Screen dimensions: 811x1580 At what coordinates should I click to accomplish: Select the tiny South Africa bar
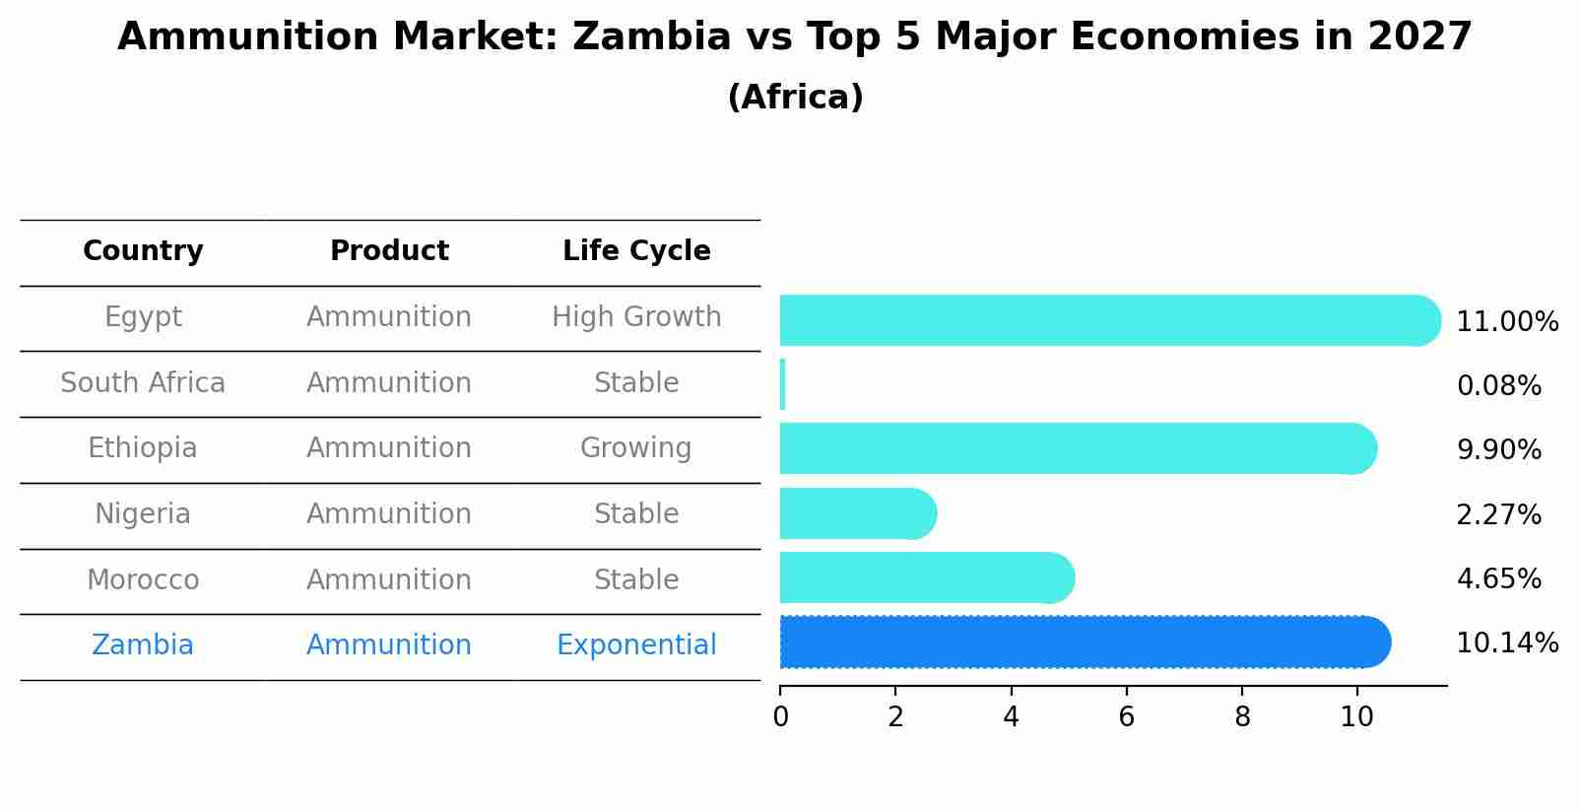point(782,384)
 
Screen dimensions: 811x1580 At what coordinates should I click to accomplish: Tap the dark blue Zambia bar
point(1084,642)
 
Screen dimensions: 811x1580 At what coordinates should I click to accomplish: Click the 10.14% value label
point(1506,643)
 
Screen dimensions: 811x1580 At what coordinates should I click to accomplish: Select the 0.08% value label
point(1498,386)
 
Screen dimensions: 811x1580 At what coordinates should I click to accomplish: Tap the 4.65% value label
point(1498,578)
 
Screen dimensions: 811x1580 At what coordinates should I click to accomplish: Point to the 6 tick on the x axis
point(1126,717)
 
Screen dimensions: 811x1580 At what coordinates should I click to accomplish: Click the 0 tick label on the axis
point(780,717)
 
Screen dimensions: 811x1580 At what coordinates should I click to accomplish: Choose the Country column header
point(143,251)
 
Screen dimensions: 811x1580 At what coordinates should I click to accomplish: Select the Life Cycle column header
point(636,251)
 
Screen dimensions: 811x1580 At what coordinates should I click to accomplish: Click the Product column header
point(389,251)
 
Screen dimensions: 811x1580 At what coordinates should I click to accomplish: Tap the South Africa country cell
point(143,383)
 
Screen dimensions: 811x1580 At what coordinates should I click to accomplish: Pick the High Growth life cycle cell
point(636,317)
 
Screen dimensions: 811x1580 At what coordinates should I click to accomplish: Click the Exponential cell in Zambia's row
point(636,645)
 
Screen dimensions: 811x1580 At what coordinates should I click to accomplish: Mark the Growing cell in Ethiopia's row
point(636,448)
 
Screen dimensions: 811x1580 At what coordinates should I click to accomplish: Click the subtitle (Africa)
point(795,98)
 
